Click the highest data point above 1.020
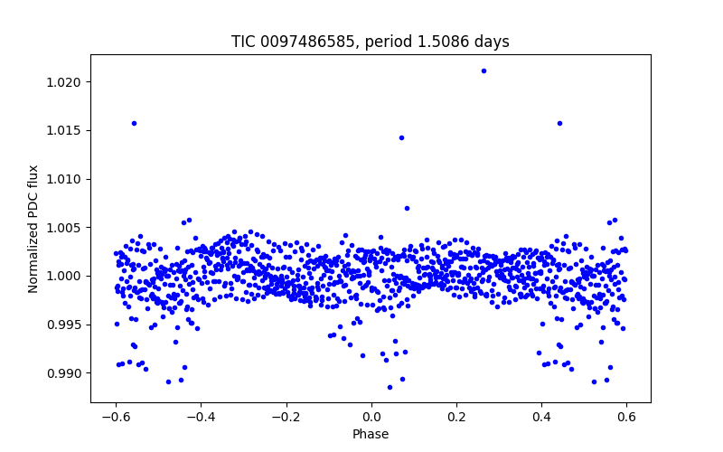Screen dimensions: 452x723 (x=484, y=71)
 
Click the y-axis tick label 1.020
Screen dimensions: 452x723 (x=66, y=82)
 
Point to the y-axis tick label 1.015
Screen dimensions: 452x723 (x=66, y=131)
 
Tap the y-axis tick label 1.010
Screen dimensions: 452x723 (x=66, y=179)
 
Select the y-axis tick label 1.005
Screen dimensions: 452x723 (x=66, y=228)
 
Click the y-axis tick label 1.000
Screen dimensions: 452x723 (x=66, y=276)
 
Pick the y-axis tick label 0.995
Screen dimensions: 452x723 (x=66, y=325)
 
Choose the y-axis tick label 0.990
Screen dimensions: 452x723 (x=66, y=372)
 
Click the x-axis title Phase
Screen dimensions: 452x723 (x=371, y=434)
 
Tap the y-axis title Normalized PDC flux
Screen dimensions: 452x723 (x=33, y=229)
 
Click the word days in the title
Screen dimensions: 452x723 (x=493, y=42)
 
